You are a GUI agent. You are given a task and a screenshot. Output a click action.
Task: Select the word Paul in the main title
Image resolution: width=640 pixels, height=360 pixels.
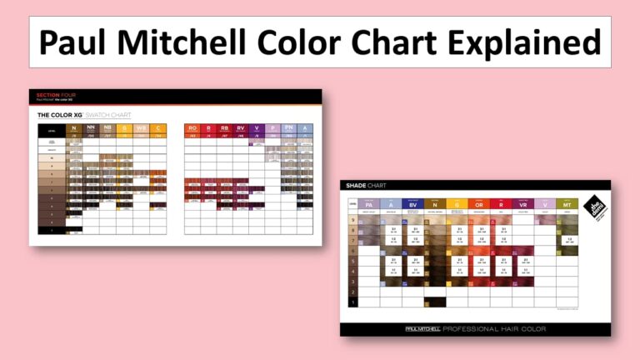[81, 41]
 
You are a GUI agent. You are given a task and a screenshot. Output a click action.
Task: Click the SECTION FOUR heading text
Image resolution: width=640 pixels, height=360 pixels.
[52, 94]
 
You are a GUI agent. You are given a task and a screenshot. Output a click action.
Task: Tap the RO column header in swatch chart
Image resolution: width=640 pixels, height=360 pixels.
[192, 129]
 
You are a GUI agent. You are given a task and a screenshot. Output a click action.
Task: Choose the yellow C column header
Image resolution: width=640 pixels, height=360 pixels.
[157, 129]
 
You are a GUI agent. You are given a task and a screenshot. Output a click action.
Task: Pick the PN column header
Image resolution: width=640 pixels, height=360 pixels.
[288, 129]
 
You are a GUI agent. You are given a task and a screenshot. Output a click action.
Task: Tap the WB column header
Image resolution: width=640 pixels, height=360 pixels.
[141, 129]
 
